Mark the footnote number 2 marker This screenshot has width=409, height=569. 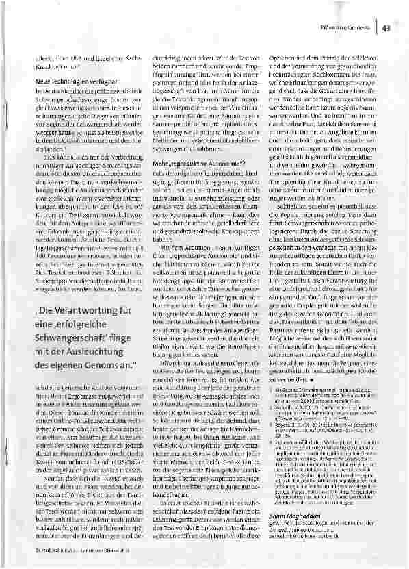coord(277,406)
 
